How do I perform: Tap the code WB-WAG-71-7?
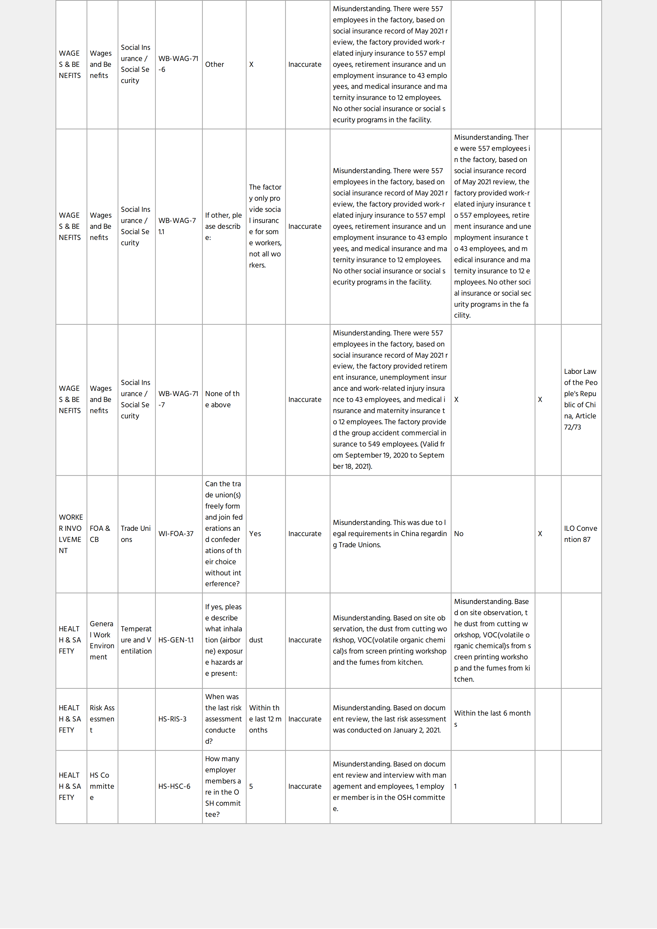coord(178,399)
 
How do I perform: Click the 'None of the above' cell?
coord(222,399)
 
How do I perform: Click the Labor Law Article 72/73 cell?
coord(581,399)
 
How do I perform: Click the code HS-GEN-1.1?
coord(176,640)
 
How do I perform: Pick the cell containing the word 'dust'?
coord(256,640)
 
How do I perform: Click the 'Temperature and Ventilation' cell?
coord(136,640)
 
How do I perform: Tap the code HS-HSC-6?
coord(174,786)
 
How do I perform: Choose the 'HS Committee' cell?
coord(102,786)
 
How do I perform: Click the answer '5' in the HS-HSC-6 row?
coord(251,786)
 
